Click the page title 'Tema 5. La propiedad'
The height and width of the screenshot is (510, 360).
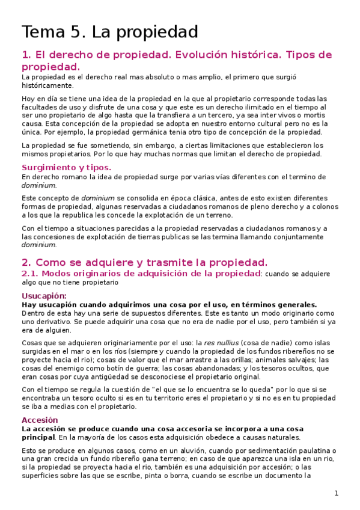tap(110, 31)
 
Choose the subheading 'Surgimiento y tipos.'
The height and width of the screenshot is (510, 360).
tap(66, 168)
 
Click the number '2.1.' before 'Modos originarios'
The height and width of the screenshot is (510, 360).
tap(30, 274)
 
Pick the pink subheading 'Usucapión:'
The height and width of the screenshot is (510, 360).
tap(44, 296)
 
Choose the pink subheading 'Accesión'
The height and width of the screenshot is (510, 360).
tap(40, 420)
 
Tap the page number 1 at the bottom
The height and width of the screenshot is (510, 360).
tap(337, 494)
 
